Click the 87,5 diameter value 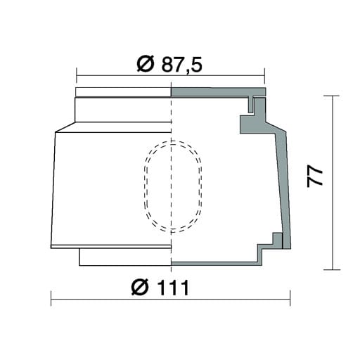(x=181, y=64)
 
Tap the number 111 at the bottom (x=174, y=288)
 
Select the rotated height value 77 (x=315, y=176)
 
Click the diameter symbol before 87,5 (x=146, y=64)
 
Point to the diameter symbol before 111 (x=140, y=288)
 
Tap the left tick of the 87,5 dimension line (x=77, y=76)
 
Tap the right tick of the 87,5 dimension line (x=264, y=76)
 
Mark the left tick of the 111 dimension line (x=51, y=298)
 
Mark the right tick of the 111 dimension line (x=290, y=298)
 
